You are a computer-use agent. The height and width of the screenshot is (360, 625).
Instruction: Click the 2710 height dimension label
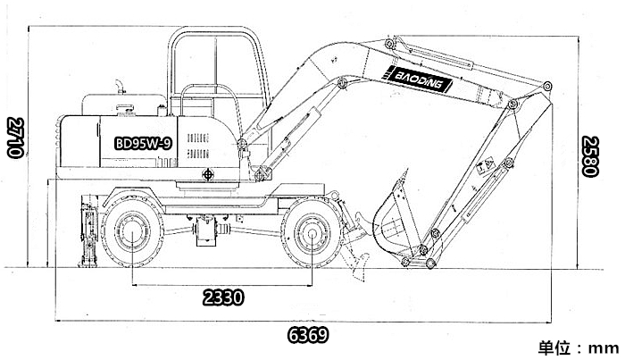click(16, 138)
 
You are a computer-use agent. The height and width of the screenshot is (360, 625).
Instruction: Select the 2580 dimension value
click(589, 156)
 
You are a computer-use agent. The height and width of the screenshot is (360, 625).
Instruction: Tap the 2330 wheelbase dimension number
click(223, 297)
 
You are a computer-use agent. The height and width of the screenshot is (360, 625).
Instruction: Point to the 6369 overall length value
click(308, 335)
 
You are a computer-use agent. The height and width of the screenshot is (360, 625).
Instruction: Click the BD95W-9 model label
click(144, 143)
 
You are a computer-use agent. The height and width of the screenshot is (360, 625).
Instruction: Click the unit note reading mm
click(603, 348)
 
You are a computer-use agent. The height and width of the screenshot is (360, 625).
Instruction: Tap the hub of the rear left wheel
click(132, 233)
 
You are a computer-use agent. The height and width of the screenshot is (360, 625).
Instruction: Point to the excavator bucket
click(395, 223)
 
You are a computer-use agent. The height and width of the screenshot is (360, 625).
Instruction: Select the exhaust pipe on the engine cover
click(119, 87)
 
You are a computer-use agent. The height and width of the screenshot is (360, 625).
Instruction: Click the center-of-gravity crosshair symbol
click(208, 174)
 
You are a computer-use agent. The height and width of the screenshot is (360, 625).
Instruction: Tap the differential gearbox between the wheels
click(206, 230)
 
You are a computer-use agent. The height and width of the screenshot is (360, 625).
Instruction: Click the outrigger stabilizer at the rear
click(89, 231)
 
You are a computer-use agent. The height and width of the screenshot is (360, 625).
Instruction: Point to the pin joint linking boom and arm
click(513, 105)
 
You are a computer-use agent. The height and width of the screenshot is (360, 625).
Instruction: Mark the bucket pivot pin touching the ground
click(430, 264)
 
